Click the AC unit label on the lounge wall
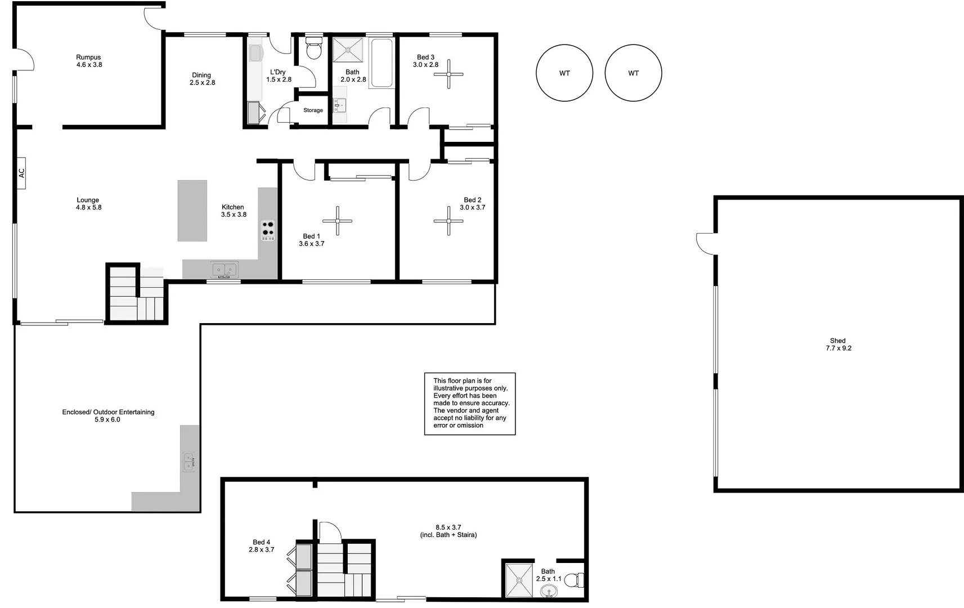coord(21,173)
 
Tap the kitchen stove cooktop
coord(268,230)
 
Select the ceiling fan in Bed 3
coord(449,74)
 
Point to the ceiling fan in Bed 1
coord(338,221)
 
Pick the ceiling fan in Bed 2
coord(449,221)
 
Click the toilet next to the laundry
coord(313,48)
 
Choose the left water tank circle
coord(564,73)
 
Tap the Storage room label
coord(313,110)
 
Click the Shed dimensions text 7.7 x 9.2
coord(839,348)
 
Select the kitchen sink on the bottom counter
coord(224,270)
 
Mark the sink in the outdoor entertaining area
coord(189,462)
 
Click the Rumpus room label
coord(89,57)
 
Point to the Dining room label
coord(201,75)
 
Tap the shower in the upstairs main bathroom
coord(348,50)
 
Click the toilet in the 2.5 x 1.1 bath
coord(573,580)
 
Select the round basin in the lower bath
coord(549,591)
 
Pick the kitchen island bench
coord(192,211)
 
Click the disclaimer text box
coord(470,404)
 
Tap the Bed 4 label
coord(261,542)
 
